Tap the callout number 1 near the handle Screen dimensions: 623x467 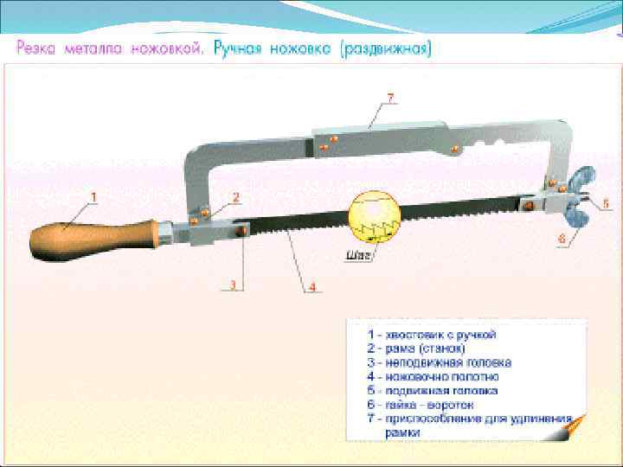click(x=94, y=196)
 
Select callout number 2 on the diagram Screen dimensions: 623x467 click(x=234, y=196)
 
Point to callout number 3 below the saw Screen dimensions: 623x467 click(x=233, y=284)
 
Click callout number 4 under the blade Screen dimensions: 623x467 click(x=312, y=286)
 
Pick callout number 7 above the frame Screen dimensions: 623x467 click(x=390, y=98)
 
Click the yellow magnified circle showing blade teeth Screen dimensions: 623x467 click(x=374, y=215)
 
